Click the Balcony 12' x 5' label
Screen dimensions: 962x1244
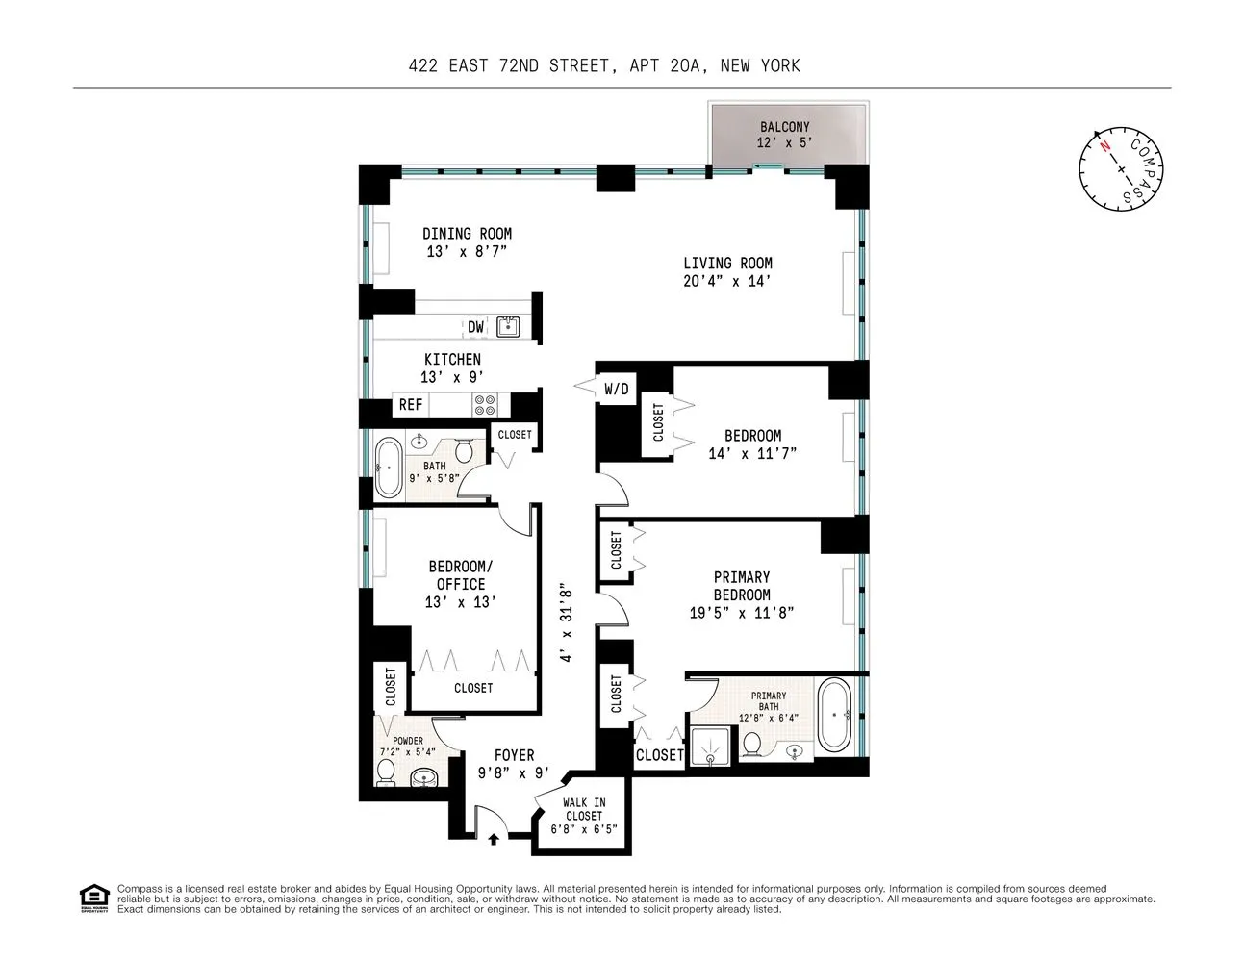click(784, 135)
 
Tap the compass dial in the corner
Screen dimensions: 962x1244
click(1122, 168)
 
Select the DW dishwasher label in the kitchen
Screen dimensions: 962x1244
click(475, 327)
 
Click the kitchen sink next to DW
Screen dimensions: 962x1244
click(507, 327)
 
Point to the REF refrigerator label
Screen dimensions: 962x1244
click(411, 405)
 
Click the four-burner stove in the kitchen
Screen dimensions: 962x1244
click(483, 405)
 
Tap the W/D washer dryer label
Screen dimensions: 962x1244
click(617, 389)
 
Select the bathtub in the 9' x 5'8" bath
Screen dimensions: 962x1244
click(388, 468)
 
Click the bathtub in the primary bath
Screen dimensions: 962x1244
click(832, 716)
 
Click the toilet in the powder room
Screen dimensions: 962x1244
click(387, 772)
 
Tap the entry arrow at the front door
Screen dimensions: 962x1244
click(494, 839)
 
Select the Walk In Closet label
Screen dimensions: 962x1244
click(584, 815)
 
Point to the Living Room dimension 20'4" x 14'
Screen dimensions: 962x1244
click(727, 282)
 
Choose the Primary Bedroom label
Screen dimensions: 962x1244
click(742, 586)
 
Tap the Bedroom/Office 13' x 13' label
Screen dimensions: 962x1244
click(460, 584)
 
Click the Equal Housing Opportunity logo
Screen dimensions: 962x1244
click(93, 898)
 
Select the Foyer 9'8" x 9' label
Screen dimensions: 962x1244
click(514, 763)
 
